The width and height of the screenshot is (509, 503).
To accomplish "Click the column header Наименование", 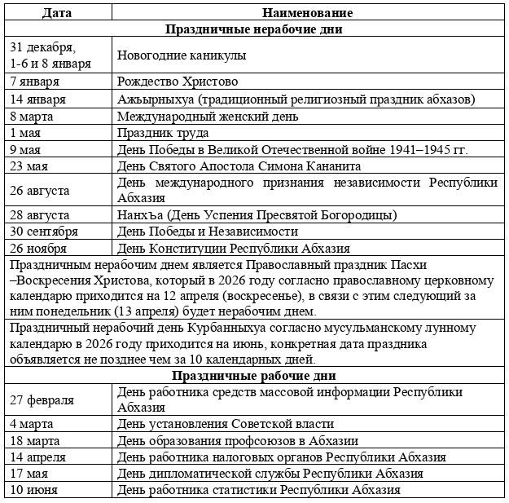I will tap(308, 13).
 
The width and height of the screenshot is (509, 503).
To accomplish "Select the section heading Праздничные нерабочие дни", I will tap(253, 29).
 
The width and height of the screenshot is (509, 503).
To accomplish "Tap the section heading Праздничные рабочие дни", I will tap(253, 376).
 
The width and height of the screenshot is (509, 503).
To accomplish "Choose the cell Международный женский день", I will tap(208, 117).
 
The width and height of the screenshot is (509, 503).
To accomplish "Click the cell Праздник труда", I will tap(163, 133).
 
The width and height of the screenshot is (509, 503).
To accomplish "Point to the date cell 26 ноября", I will tap(39, 249).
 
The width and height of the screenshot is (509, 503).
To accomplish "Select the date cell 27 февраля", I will tap(42, 399).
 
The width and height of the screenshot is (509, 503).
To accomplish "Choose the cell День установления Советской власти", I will tap(226, 424).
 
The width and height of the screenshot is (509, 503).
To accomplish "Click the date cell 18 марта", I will tap(37, 440).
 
